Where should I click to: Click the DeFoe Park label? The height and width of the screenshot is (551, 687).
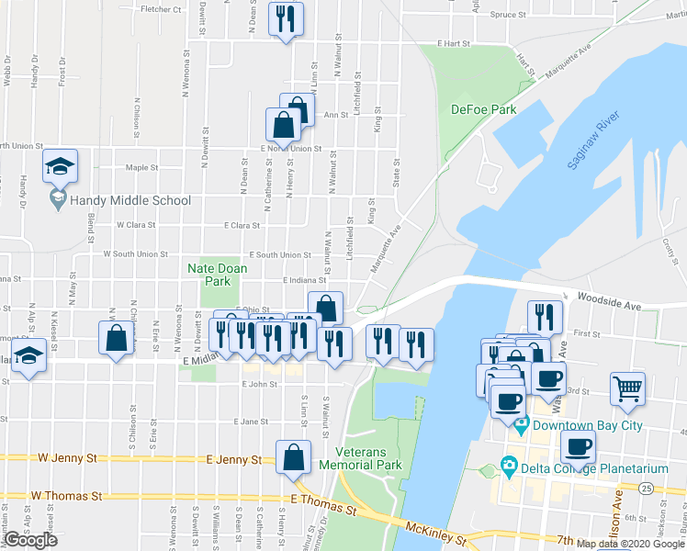pyautogui.click(x=483, y=109)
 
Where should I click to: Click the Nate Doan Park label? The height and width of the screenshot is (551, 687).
pyautogui.click(x=209, y=275)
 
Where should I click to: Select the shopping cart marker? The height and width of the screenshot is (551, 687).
pyautogui.click(x=628, y=387)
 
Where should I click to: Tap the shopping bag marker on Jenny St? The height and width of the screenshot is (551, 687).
pyautogui.click(x=292, y=455)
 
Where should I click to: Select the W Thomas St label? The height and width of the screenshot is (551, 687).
pyautogui.click(x=65, y=496)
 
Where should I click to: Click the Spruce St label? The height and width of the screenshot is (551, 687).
pyautogui.click(x=507, y=15)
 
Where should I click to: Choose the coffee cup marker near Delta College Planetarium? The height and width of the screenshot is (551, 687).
pyautogui.click(x=578, y=446)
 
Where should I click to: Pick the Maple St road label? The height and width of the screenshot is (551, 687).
pyautogui.click(x=142, y=168)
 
